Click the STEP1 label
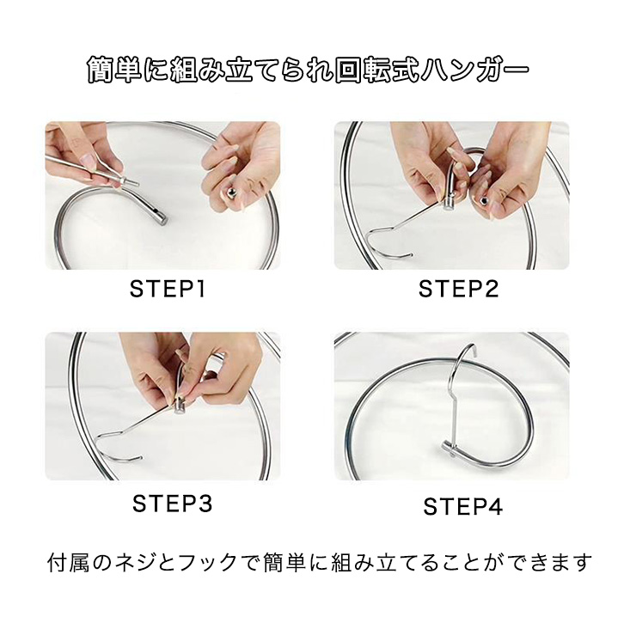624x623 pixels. click(x=168, y=289)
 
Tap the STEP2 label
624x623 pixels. click(x=458, y=289)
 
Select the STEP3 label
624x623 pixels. click(x=172, y=504)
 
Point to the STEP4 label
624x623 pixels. click(x=462, y=506)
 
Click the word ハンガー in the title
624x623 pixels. click(x=475, y=70)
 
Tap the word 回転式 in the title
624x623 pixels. click(x=377, y=70)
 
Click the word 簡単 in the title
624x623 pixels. click(x=115, y=70)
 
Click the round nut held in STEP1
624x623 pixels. click(x=231, y=194)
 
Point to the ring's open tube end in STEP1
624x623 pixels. click(x=161, y=219)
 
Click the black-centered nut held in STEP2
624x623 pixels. click(x=484, y=201)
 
